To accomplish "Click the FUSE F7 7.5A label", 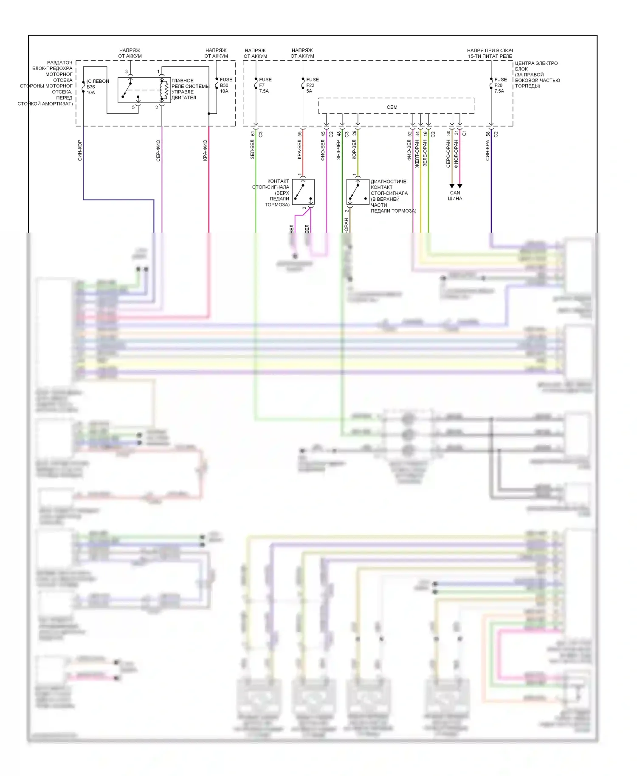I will coord(265,85).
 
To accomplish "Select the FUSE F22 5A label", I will coord(312,85).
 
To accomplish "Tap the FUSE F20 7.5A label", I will coord(500,85).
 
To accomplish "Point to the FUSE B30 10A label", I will coord(225,85).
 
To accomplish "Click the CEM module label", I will coord(392,107).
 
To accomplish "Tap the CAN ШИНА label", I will coord(455,196).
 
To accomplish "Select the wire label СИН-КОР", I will coord(80,151).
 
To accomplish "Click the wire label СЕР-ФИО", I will coord(158,151).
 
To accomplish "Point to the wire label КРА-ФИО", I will coord(205,151).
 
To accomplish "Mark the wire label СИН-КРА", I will coord(488,151).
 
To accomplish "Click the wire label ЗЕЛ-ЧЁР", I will coord(338,151).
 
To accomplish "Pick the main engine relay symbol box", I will coord(144,90).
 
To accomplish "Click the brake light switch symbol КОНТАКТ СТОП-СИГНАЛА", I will coord(303,192).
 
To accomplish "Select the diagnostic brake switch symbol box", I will coord(358,192).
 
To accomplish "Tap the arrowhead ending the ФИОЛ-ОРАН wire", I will coord(460,186).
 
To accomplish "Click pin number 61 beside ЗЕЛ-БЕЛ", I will coord(253,134).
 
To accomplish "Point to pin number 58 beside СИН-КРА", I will coord(488,134).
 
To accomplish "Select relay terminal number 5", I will coord(133,107).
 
